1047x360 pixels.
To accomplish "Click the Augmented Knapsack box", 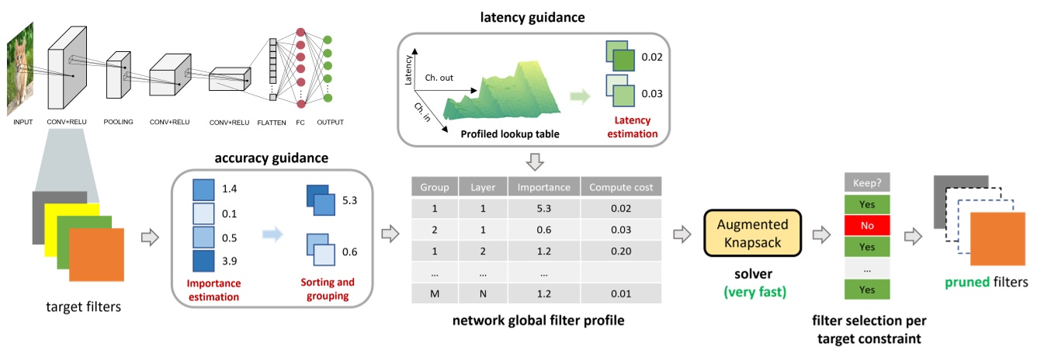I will coord(751,234).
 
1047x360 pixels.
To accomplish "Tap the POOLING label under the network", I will coord(118,123).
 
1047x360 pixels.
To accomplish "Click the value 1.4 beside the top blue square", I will coord(230,189).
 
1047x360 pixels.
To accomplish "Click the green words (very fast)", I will coord(751,293).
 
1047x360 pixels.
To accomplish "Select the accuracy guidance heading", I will coord(272,157).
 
